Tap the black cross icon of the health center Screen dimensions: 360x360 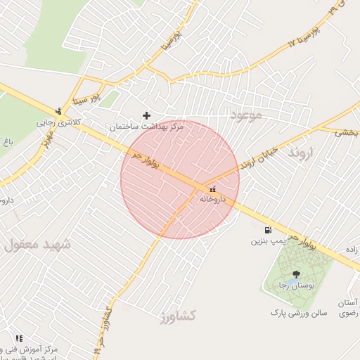[x=147, y=115]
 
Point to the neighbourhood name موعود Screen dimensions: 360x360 [x=245, y=114]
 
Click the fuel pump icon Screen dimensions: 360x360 [x=267, y=230]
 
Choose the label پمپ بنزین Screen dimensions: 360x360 [x=267, y=241]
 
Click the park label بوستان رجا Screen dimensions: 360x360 [x=295, y=285]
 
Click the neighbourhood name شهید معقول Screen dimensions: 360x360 [x=39, y=245]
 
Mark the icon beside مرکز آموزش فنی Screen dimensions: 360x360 [x=19, y=339]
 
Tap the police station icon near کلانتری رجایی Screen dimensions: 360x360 [x=58, y=110]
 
